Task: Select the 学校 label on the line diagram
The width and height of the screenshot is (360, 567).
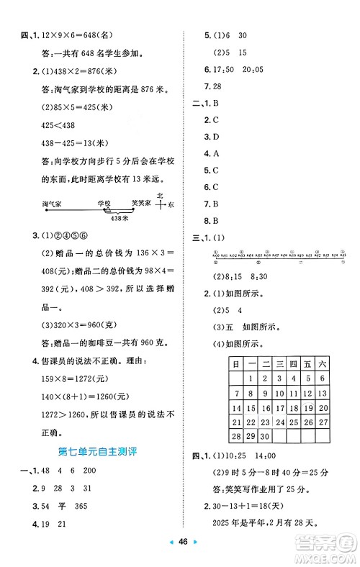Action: (105, 204)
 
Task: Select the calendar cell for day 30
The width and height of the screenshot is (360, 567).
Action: (266, 437)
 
